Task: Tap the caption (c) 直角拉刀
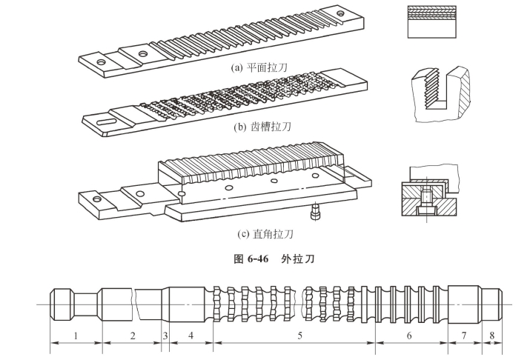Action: [x=266, y=235]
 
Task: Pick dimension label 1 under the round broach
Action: [x=76, y=336]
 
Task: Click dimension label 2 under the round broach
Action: [x=133, y=336]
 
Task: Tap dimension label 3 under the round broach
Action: [x=165, y=336]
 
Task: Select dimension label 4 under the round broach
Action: [x=191, y=336]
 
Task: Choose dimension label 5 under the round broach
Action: [x=299, y=336]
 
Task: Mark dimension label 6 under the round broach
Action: [x=410, y=336]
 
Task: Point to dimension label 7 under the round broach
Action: [x=464, y=336]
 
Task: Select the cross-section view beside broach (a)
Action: [x=431, y=22]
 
